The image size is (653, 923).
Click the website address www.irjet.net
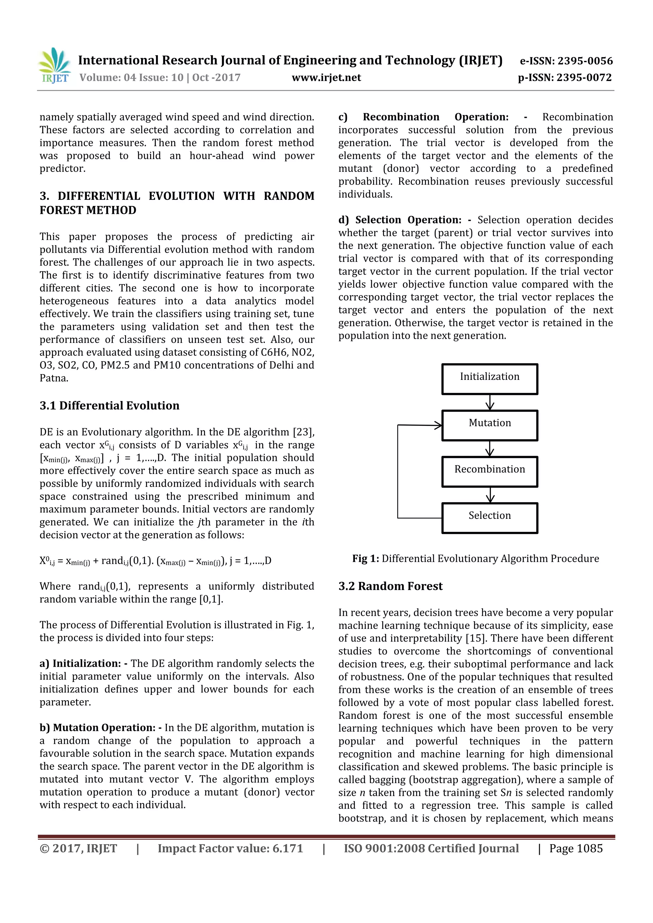pyautogui.click(x=326, y=77)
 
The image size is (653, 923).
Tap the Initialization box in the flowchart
pyautogui.click(x=489, y=379)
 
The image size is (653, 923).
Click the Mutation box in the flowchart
pyautogui.click(x=489, y=425)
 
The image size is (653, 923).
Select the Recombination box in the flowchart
pyautogui.click(x=489, y=471)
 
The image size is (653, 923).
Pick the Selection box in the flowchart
pyautogui.click(x=489, y=518)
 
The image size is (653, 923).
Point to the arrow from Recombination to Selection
pyautogui.click(x=490, y=495)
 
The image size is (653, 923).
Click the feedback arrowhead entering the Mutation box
pyautogui.click(x=437, y=425)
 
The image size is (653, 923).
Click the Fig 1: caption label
pyautogui.click(x=365, y=559)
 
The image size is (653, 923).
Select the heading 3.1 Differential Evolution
pyautogui.click(x=109, y=406)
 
